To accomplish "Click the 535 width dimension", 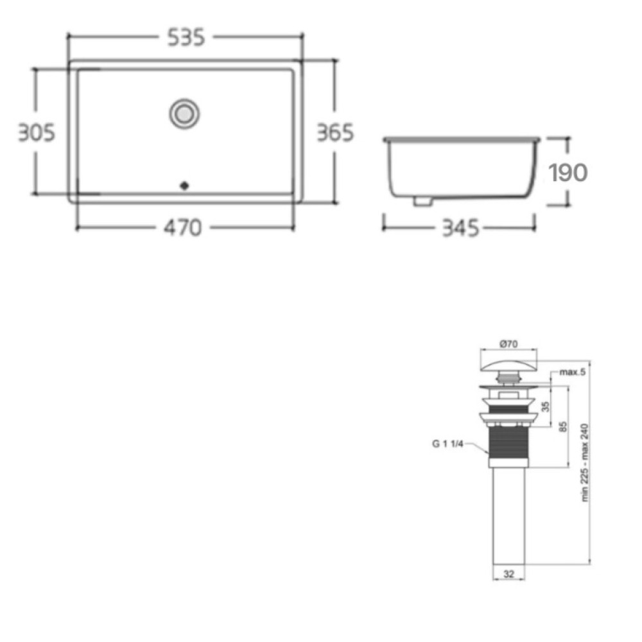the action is point(186,38).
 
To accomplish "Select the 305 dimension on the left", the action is point(37,133).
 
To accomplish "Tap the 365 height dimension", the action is point(335,133).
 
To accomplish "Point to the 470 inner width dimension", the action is point(182,228).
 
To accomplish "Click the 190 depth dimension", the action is point(568,172).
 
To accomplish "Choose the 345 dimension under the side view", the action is point(460,228).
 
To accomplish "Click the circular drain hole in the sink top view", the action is point(184,114).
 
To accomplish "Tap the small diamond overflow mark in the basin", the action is point(184,186).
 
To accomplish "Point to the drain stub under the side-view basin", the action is point(422,200).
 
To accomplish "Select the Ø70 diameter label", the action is point(508,344).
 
